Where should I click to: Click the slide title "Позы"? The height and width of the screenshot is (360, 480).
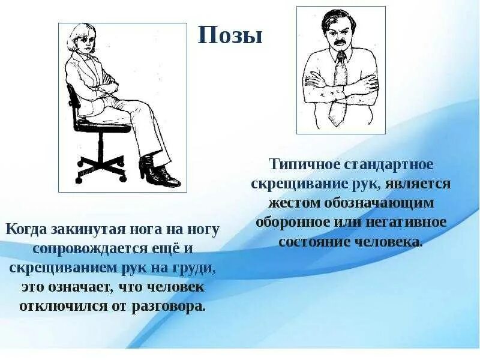[230, 36]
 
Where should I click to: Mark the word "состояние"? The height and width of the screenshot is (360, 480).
[315, 242]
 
